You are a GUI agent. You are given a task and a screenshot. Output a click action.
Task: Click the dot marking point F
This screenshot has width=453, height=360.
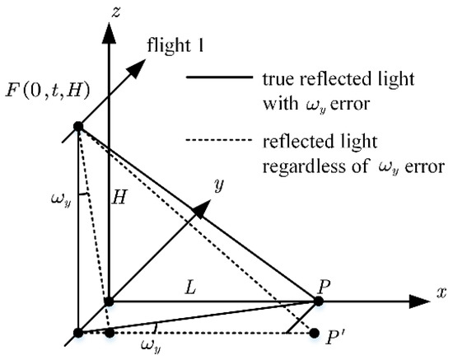click(77, 126)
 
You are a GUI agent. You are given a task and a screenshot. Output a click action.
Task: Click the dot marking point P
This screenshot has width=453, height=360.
click(318, 302)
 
